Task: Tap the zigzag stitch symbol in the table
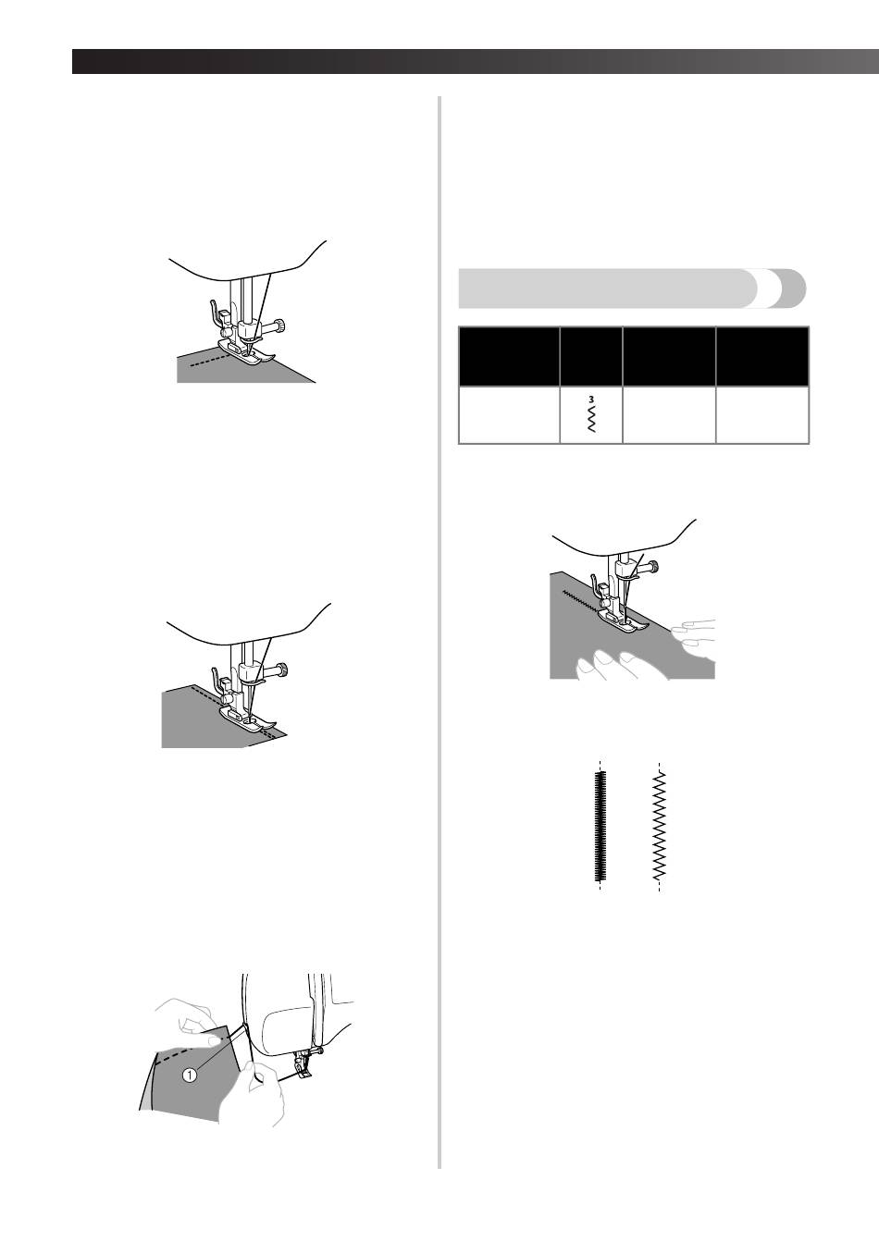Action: pyautogui.click(x=591, y=418)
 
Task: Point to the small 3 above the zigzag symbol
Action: pyautogui.click(x=591, y=399)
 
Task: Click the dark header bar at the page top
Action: pyautogui.click(x=476, y=62)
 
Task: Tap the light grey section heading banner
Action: pyautogui.click(x=632, y=289)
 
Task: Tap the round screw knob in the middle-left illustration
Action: pyautogui.click(x=282, y=670)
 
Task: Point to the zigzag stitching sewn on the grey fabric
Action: pyautogui.click(x=581, y=602)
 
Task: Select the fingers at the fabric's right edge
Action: pyautogui.click(x=693, y=637)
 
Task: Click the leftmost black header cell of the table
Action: pyautogui.click(x=509, y=356)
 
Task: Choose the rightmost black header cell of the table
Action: pyautogui.click(x=762, y=356)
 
